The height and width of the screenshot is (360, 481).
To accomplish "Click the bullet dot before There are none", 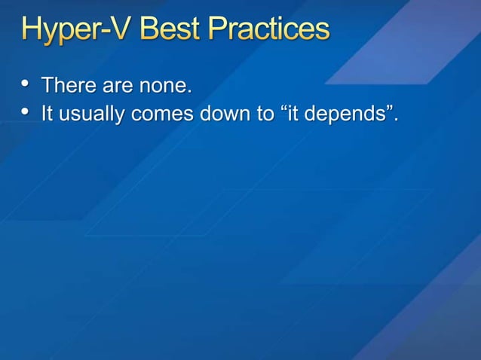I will pyautogui.click(x=26, y=84).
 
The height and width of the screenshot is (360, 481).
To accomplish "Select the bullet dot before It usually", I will pyautogui.click(x=26, y=114).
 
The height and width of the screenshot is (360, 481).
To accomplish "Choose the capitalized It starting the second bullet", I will pyautogui.click(x=47, y=114).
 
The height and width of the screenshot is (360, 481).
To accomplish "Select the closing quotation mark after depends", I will pyautogui.click(x=388, y=110).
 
